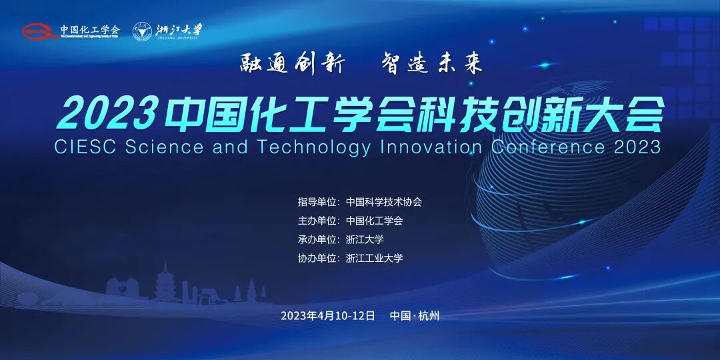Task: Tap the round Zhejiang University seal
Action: (x=141, y=31)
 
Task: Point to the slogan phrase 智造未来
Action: (x=431, y=64)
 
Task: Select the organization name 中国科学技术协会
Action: (x=384, y=202)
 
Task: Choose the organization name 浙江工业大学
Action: (x=375, y=258)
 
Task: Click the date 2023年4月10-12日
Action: (x=328, y=315)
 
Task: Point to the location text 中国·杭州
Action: (x=415, y=315)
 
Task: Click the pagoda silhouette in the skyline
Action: (x=164, y=283)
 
